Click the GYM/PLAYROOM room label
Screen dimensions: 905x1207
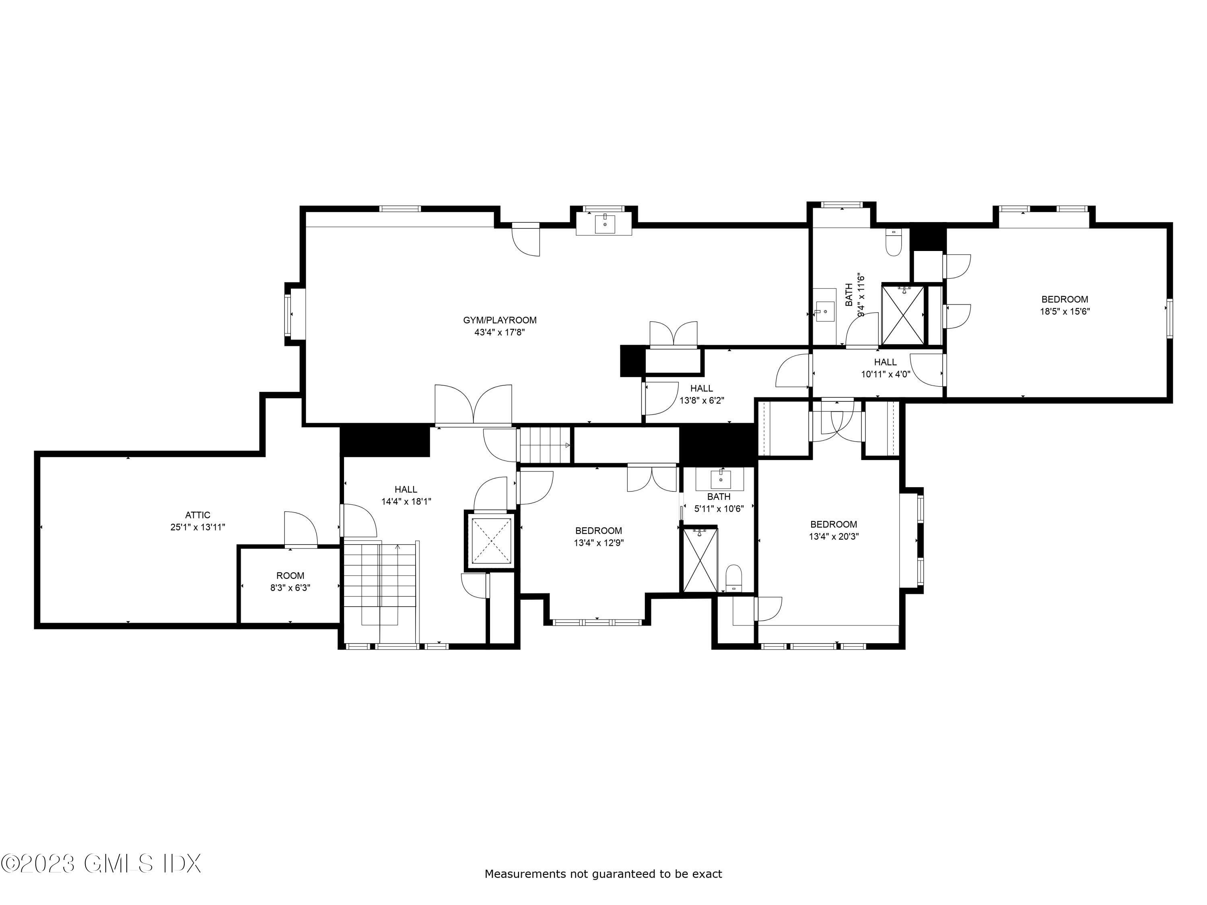tap(499, 320)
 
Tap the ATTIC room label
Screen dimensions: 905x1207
tap(198, 515)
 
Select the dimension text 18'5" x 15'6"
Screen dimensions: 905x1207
tap(1065, 311)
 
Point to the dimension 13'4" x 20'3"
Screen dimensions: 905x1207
tap(833, 536)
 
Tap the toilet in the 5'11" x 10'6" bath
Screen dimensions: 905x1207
tap(734, 579)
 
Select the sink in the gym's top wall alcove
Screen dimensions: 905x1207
tap(605, 224)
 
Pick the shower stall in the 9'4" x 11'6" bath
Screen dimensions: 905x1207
tap(903, 315)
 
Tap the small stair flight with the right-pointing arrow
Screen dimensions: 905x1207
tap(544, 444)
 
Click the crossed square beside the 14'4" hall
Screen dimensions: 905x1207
tap(492, 540)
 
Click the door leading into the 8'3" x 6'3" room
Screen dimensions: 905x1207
tap(301, 529)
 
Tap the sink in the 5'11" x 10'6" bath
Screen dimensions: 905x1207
tap(720, 479)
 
